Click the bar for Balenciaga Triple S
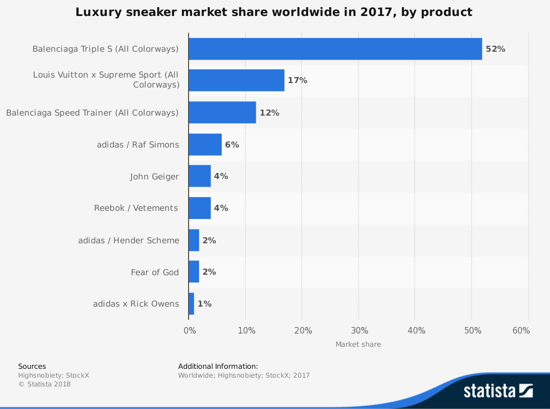[335, 49]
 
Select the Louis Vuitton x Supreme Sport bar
[237, 80]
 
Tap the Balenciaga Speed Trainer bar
[222, 112]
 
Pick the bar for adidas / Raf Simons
[205, 144]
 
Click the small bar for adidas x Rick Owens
[191, 304]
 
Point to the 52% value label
[495, 49]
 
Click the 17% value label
[298, 80]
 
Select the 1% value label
[204, 304]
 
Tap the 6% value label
[232, 144]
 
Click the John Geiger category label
[155, 177]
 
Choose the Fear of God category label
[155, 272]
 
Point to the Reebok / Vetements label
[136, 208]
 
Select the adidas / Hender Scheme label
[129, 240]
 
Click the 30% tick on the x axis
[360, 331]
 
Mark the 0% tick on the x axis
[190, 331]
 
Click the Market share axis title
[358, 345]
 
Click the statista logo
[498, 391]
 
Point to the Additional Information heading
[218, 366]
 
